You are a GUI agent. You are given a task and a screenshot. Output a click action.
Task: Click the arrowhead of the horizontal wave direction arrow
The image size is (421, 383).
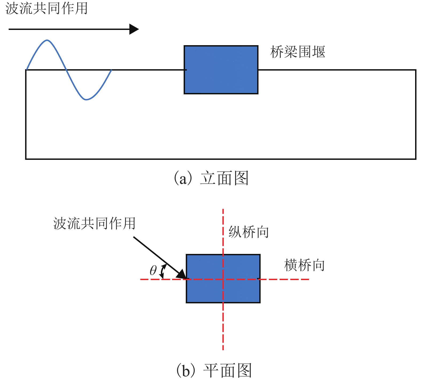point(134,29)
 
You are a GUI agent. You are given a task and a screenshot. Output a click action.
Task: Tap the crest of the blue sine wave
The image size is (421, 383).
point(47,40)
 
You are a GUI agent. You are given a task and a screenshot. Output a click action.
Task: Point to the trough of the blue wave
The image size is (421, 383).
point(86,100)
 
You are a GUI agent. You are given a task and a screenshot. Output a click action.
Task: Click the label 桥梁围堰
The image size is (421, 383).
point(298,52)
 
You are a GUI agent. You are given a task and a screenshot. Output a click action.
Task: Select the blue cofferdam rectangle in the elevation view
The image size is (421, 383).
point(221,70)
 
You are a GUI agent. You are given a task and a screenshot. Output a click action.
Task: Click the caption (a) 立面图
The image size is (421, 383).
point(211,178)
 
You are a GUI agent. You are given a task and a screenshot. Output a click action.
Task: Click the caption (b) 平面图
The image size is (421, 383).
point(214,370)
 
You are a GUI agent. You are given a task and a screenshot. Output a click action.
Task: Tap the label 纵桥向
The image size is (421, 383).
point(249,232)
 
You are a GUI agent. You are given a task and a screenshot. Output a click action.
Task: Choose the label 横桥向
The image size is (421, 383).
point(304,265)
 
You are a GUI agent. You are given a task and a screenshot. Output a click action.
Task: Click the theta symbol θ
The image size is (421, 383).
point(153,270)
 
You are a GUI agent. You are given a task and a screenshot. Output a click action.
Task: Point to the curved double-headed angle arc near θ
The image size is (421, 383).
point(163,271)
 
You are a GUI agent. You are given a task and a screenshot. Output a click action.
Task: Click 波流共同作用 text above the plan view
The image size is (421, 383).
point(94,223)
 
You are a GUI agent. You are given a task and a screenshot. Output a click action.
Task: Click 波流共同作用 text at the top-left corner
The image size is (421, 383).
point(47,8)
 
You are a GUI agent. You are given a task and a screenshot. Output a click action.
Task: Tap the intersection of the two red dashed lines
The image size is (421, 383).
point(223,279)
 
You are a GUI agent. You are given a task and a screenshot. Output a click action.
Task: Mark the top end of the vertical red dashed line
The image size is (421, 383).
point(223,210)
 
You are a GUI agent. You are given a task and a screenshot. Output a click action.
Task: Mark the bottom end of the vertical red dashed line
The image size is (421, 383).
point(223,349)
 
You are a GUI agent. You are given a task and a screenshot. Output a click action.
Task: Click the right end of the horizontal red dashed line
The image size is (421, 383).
point(308,279)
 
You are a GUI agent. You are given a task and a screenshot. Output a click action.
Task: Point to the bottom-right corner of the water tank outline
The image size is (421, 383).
point(416,159)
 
